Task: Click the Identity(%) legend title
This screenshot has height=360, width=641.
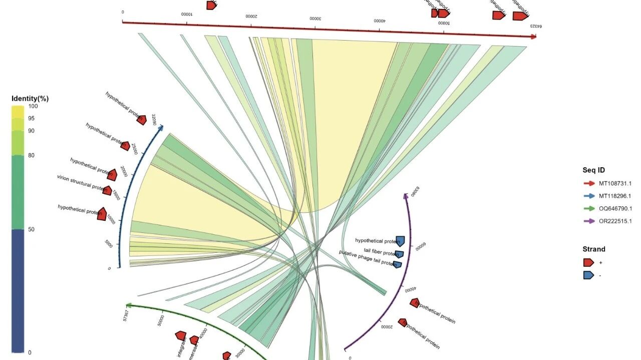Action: [30, 99]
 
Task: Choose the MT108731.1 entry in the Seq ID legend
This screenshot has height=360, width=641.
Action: [615, 183]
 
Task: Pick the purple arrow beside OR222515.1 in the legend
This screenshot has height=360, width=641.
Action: [588, 221]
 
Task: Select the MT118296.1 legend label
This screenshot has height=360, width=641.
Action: [615, 196]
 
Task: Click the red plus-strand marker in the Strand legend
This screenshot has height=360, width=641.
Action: [588, 262]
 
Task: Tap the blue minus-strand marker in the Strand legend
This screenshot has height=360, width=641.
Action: [588, 275]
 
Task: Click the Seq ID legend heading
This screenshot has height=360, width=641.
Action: [593, 170]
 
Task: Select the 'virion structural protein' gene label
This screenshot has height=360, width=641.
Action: [80, 184]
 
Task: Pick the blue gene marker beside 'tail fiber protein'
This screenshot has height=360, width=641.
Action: [399, 254]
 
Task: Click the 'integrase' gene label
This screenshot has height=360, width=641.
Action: [181, 347]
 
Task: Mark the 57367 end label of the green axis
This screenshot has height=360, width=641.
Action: [126, 315]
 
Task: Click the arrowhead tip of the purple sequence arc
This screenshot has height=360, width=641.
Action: [406, 194]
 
